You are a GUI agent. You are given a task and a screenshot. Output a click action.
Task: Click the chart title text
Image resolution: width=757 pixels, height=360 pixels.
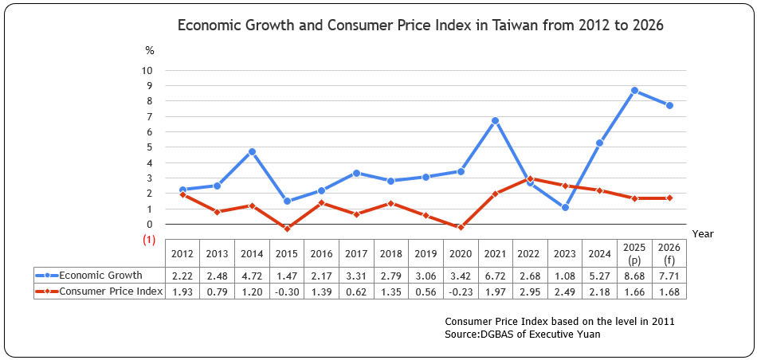point(420,25)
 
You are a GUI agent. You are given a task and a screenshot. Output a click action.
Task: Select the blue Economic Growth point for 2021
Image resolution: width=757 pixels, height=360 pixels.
point(495,121)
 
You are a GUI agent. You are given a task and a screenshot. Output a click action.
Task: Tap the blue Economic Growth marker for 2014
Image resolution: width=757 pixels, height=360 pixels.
point(251,151)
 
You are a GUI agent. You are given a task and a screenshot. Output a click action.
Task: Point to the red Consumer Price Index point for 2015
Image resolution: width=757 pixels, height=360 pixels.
point(287,229)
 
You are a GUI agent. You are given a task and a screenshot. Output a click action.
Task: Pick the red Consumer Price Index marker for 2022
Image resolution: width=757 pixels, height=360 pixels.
point(530,179)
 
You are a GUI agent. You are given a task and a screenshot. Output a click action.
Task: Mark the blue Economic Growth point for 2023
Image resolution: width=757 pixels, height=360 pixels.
point(565,208)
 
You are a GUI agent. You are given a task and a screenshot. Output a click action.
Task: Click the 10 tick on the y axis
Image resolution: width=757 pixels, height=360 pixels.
point(147,70)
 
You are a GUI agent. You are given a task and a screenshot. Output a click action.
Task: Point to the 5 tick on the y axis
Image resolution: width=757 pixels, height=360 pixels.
point(149,147)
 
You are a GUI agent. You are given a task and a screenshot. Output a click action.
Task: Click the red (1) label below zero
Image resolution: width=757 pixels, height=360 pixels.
point(148,240)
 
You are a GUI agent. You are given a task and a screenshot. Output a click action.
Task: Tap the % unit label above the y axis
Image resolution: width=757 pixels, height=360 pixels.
point(149,50)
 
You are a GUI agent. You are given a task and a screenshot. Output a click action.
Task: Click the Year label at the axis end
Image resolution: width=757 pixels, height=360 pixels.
point(703,234)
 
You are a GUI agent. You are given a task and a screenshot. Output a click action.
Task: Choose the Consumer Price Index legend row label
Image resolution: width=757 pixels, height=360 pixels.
point(111,292)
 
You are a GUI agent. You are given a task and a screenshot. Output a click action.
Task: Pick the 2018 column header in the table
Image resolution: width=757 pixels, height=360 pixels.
point(391,254)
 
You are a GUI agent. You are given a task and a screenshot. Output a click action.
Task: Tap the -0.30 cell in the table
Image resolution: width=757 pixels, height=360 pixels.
point(286,292)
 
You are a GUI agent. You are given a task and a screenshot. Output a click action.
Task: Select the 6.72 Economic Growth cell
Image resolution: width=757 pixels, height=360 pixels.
point(495,276)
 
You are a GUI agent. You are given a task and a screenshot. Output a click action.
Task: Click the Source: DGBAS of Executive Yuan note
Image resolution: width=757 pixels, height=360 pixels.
point(523,335)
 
